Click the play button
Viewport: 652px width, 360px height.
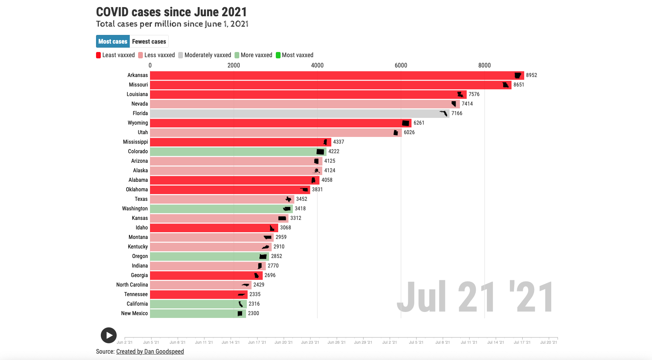tap(108, 335)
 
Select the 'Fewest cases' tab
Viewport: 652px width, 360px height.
tap(149, 42)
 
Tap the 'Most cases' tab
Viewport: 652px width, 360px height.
tap(113, 42)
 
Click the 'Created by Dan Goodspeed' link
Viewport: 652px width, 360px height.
tap(150, 352)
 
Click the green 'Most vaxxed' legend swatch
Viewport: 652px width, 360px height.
tap(278, 55)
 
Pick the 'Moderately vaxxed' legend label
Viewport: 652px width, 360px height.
tap(208, 55)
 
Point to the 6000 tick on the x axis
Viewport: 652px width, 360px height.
tap(401, 65)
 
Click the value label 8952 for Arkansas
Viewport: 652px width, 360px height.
tap(531, 75)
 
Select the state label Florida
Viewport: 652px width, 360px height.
tap(140, 114)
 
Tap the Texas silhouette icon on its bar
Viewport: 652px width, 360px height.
tap(288, 199)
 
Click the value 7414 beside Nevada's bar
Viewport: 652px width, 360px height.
tap(467, 104)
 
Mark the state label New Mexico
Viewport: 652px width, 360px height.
tap(134, 314)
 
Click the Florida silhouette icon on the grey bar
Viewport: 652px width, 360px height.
tap(444, 114)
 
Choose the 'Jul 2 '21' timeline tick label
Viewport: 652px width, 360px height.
tap(389, 342)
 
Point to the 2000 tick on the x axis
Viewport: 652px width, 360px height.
tap(234, 65)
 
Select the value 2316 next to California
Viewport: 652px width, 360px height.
tap(254, 304)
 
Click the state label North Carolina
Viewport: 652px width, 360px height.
tap(132, 285)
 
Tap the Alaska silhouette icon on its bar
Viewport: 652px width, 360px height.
tap(317, 171)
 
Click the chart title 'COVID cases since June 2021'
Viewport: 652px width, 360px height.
tap(171, 12)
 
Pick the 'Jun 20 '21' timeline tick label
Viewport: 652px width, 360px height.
tap(283, 342)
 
